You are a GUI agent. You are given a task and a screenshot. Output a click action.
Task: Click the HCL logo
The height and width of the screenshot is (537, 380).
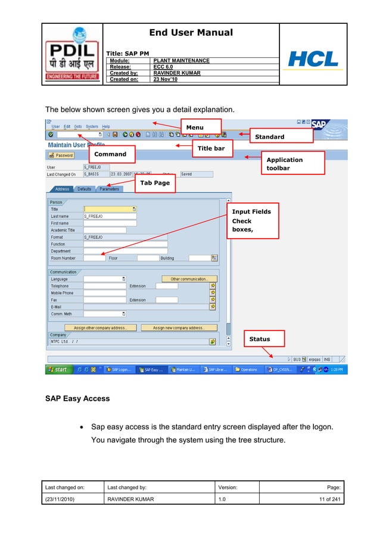[x=313, y=59]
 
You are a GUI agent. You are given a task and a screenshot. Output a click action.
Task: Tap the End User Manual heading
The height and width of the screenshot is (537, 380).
[x=191, y=33]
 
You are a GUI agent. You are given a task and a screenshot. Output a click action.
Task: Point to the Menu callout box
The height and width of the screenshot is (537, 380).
[x=201, y=127]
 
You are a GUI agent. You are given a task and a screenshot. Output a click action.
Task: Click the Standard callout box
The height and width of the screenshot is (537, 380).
[x=281, y=136]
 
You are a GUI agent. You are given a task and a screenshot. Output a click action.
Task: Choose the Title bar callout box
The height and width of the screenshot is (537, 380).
[x=211, y=148]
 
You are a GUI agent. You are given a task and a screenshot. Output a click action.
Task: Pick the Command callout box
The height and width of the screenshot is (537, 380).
[x=111, y=154]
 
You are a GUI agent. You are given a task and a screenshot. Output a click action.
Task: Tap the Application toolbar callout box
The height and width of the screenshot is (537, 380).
[x=295, y=164]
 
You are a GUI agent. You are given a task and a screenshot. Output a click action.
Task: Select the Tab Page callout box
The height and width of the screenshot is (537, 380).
[x=154, y=183]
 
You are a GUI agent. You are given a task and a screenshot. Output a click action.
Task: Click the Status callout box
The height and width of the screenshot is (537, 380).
[x=264, y=339]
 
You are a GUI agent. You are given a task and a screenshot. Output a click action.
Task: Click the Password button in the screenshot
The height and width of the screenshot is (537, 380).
[x=61, y=155]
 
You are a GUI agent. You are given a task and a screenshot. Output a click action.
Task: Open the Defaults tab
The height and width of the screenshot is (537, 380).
[x=85, y=189]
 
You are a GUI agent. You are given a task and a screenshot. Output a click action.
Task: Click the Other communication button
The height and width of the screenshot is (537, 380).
[x=189, y=279]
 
